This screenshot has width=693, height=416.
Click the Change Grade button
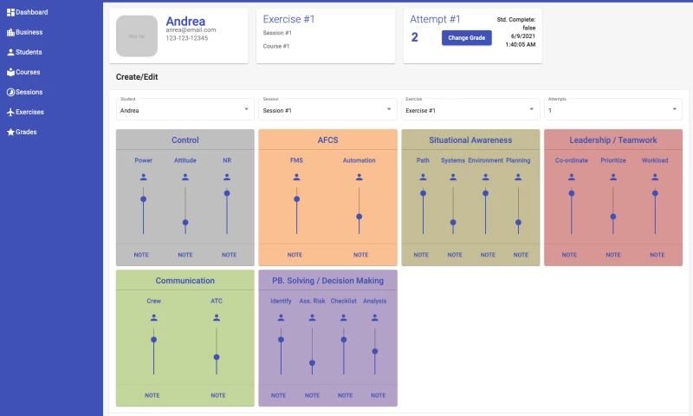tap(467, 37)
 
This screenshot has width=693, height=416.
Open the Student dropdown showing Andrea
tap(185, 109)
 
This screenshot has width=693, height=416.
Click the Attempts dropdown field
tap(612, 109)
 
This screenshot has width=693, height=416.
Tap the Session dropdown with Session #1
tap(327, 109)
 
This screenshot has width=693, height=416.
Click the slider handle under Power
tap(143, 198)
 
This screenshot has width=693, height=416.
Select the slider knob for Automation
tap(359, 217)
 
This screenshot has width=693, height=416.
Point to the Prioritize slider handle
tap(612, 217)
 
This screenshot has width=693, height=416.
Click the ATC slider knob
tap(217, 356)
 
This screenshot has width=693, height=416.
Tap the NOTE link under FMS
tap(295, 255)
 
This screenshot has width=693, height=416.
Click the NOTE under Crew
tap(152, 395)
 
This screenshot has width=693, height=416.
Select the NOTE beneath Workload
tap(655, 255)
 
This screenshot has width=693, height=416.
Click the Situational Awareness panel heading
tap(470, 140)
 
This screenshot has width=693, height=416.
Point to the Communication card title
tap(185, 281)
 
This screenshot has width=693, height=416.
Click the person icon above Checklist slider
tap(344, 317)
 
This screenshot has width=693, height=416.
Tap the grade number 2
tap(415, 37)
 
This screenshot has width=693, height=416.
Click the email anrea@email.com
tap(191, 30)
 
